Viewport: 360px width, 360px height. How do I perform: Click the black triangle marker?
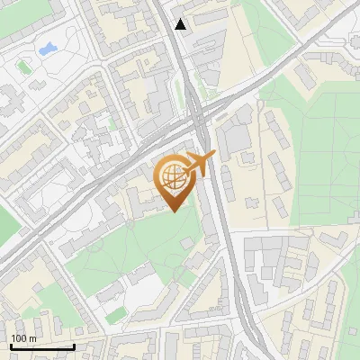[x=181, y=24]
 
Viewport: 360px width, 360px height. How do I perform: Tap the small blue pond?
[x=47, y=47]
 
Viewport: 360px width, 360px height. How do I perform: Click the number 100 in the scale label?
[x=19, y=338]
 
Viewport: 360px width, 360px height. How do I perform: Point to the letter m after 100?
[x=31, y=338]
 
